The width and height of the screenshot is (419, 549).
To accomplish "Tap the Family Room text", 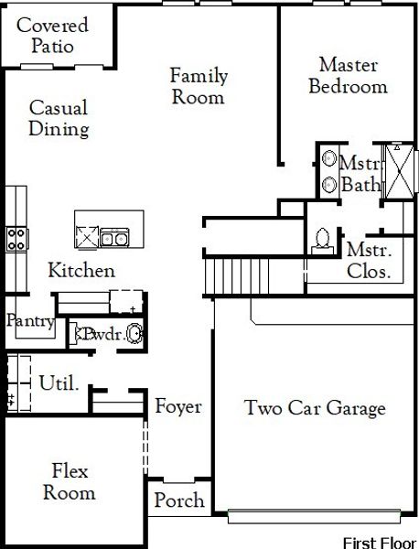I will (x=199, y=86).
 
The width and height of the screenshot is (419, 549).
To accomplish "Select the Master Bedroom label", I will (x=348, y=76).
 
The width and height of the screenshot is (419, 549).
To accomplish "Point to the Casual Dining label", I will (x=59, y=118).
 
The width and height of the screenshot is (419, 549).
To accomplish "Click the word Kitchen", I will (x=81, y=271).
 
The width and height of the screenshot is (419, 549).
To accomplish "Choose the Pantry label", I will (x=31, y=321).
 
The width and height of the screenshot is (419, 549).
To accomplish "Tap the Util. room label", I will (x=59, y=382).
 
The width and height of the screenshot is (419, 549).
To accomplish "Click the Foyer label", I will (x=177, y=406).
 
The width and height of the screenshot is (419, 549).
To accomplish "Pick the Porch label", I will (x=178, y=501).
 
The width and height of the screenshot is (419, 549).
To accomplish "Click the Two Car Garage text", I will (x=315, y=408).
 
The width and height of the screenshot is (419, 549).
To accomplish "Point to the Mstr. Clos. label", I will (x=369, y=260).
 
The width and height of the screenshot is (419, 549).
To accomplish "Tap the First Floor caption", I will (x=379, y=543).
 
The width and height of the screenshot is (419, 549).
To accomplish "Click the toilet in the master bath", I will (x=321, y=237).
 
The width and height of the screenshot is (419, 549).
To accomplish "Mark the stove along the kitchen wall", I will (x=16, y=239).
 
